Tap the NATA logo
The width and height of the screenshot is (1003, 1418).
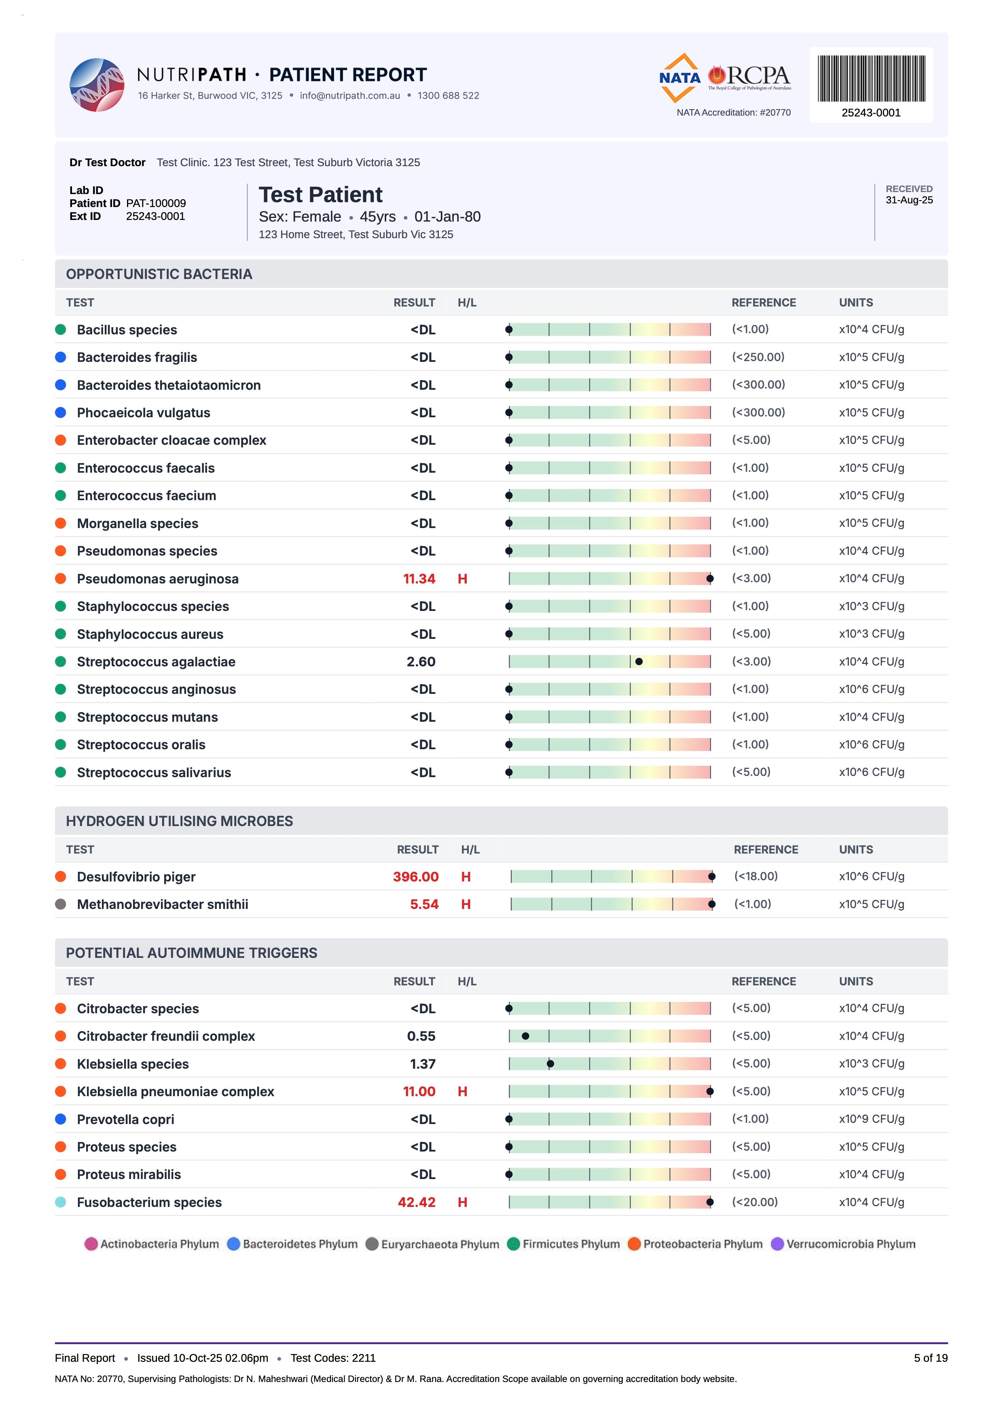(680, 78)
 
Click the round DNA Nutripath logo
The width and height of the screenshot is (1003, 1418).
(97, 85)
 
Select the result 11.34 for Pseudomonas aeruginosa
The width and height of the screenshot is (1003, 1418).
(419, 579)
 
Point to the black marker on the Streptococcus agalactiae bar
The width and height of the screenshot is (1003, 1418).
(639, 661)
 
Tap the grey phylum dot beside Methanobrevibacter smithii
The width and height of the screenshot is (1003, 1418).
(61, 904)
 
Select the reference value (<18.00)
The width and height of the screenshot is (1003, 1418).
(756, 876)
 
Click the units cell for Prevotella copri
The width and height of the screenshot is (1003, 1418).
(872, 1119)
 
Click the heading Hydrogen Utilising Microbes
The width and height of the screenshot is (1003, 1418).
(180, 821)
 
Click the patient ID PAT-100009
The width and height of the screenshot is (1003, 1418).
(156, 203)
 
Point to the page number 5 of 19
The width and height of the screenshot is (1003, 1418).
(931, 1358)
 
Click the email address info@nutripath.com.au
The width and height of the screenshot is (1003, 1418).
(350, 96)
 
